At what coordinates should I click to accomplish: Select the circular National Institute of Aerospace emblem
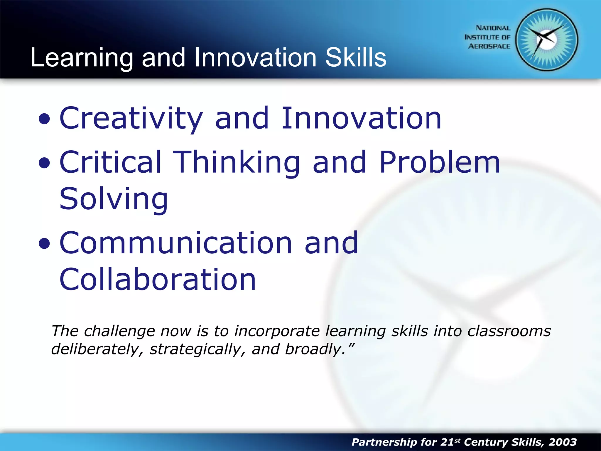tap(546, 40)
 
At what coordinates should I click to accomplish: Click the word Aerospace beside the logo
tap(489, 46)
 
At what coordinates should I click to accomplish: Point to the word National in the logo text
tap(493, 28)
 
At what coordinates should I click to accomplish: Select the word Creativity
tap(131, 118)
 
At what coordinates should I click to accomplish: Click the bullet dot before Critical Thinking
tap(44, 163)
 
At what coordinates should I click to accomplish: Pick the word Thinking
tap(236, 162)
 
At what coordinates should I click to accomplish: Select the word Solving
tap(114, 199)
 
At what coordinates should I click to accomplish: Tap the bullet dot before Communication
tap(44, 244)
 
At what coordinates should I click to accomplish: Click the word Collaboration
tap(158, 280)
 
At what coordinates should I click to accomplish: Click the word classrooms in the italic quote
tap(509, 331)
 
